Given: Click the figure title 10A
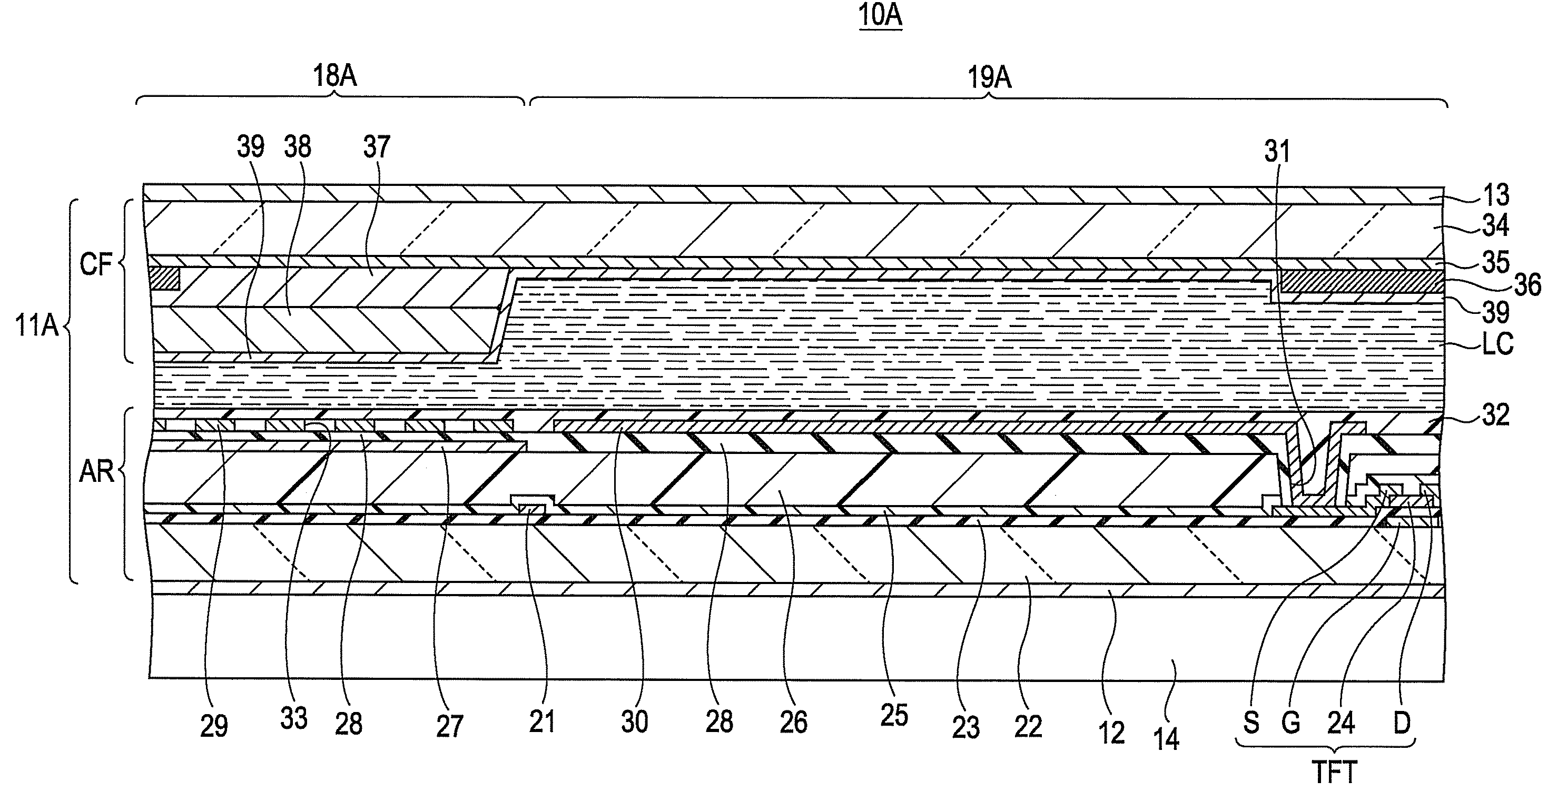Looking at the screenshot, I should (x=880, y=16).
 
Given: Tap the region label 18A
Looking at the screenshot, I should (x=334, y=77).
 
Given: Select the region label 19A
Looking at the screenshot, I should (x=989, y=78).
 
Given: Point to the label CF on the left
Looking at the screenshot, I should (x=96, y=264).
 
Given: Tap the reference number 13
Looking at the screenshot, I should (x=1495, y=195).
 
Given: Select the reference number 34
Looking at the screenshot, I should (x=1495, y=226).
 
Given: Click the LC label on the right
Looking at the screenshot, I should (x=1497, y=343).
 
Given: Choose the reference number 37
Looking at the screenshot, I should (x=377, y=147).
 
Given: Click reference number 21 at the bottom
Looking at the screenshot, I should (x=541, y=721).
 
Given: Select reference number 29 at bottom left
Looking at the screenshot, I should (x=214, y=727).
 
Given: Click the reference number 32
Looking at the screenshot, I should (x=1495, y=416).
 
